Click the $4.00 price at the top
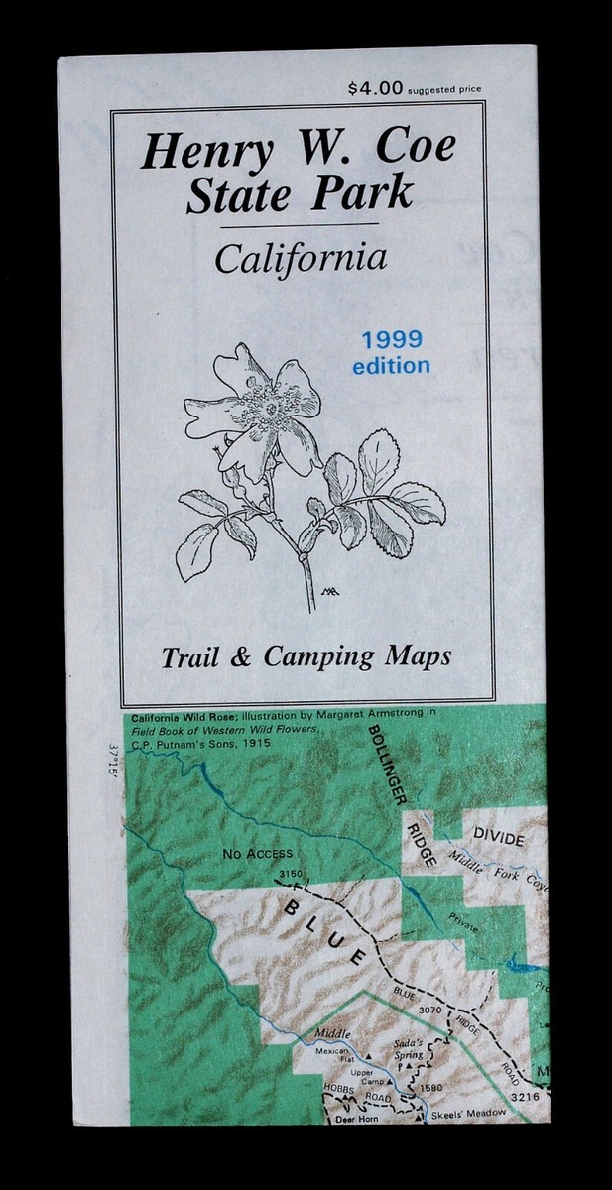tap(376, 88)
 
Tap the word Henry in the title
tap(195, 152)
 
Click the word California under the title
tap(300, 260)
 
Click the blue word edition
tap(392, 365)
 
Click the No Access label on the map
tap(258, 852)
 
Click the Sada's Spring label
tap(407, 1048)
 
